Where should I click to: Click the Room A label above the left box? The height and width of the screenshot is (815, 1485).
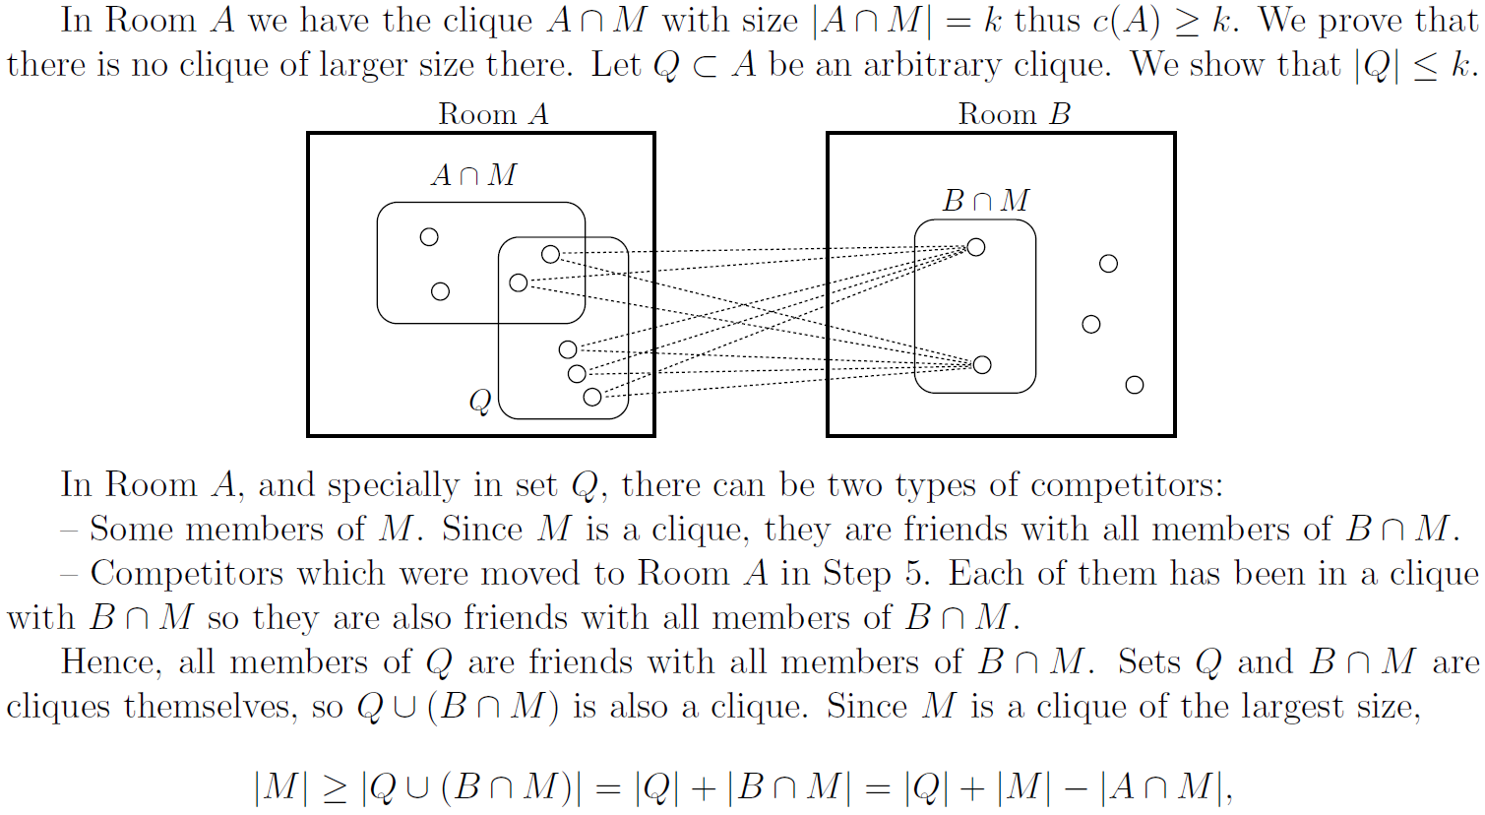tap(493, 114)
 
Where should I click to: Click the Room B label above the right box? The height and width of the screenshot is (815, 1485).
tap(1014, 114)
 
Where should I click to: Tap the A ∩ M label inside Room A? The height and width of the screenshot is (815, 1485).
tap(473, 175)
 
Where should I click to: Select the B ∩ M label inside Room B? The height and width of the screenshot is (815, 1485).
tap(985, 201)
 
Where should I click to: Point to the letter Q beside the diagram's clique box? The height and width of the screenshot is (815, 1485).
tap(480, 402)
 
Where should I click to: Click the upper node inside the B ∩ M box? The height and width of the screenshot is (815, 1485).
tap(976, 247)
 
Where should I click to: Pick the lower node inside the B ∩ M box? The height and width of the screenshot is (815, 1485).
tap(981, 365)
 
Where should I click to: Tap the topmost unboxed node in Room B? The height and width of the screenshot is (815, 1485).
tap(1108, 264)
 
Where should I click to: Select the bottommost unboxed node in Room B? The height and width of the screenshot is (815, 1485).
tap(1135, 385)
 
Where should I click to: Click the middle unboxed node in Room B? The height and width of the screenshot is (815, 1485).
tap(1090, 324)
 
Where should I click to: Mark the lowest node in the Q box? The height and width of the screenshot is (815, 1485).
tap(591, 397)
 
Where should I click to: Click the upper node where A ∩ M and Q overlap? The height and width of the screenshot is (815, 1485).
tap(550, 255)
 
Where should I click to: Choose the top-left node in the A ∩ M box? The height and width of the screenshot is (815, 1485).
tap(429, 236)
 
